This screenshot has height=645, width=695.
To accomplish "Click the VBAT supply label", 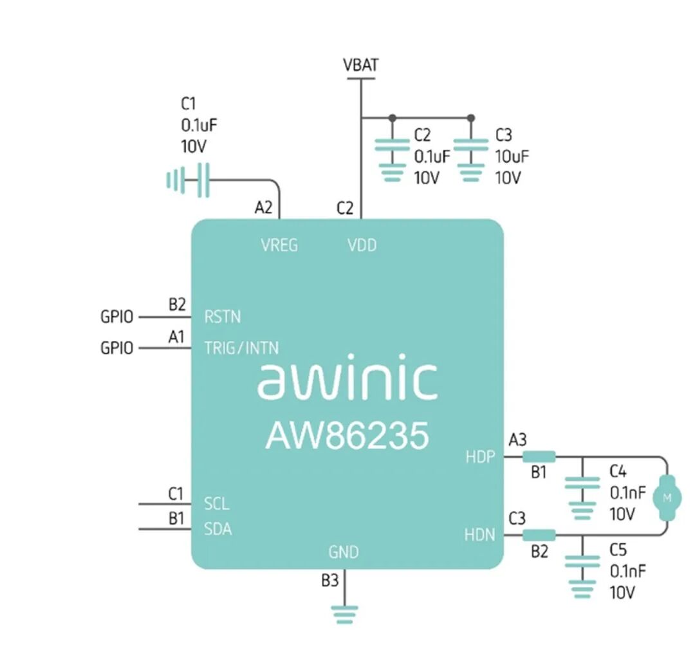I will point(360,65).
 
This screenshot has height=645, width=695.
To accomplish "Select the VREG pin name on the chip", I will point(279,245).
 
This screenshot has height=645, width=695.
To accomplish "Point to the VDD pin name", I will point(362,245).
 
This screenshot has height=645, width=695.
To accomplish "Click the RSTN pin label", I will point(223,317).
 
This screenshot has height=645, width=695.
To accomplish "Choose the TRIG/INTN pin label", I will point(241,348).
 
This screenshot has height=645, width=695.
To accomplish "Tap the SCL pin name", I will point(217,503).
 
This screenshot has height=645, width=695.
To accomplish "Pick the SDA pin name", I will point(218,530).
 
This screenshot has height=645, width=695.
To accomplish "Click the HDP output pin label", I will point(480,457).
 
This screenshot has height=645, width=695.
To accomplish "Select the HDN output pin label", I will point(480,534).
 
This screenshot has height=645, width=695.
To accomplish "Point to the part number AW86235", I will point(347,436).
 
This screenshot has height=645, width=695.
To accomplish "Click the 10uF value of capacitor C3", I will point(512,156).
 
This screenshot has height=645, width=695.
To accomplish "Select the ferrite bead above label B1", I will point(539,457).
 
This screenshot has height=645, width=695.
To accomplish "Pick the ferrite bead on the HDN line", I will point(539,534).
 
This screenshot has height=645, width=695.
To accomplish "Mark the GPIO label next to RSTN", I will point(117,317).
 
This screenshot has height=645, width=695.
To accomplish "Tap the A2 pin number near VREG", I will point(264,208).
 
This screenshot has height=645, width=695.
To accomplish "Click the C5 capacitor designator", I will point(618,550).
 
